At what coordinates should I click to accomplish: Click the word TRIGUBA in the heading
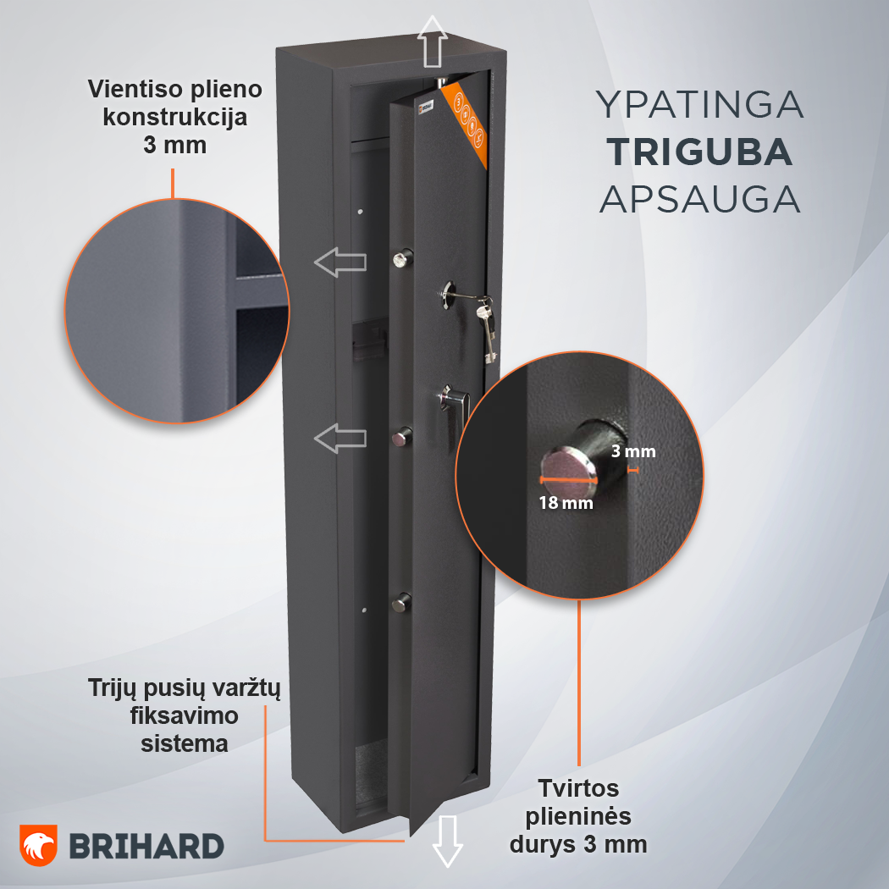pos(700,152)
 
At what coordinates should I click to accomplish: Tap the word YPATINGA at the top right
pos(700,104)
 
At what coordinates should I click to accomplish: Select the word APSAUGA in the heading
pos(700,200)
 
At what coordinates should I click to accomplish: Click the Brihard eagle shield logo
pos(39,845)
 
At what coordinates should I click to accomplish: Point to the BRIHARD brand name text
pos(146,847)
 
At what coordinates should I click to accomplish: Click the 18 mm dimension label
pos(566,503)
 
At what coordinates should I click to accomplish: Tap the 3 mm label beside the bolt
pos(633,451)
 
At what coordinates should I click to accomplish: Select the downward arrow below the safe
pos(447,842)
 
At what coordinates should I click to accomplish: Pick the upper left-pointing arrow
pos(340,262)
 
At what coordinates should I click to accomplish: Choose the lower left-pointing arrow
pos(340,439)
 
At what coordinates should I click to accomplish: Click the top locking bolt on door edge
pos(402,258)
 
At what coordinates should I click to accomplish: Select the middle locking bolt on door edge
pos(401,437)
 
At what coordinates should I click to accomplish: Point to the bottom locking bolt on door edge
pos(401,601)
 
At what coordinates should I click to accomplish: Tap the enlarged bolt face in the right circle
pos(568,466)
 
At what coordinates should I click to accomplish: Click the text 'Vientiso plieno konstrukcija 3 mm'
pos(174,117)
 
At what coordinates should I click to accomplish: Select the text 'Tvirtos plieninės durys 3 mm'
pos(578,816)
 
